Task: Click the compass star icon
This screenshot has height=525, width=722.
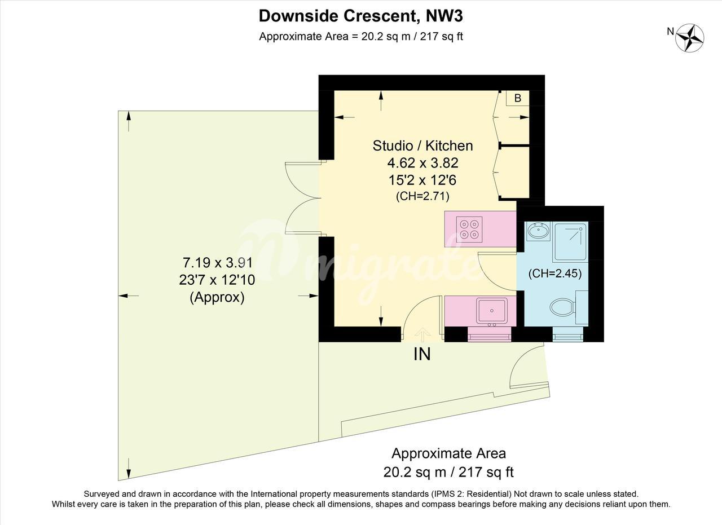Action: click(689, 38)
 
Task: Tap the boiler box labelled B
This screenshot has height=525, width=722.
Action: click(518, 98)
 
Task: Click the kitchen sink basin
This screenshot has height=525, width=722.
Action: click(492, 310)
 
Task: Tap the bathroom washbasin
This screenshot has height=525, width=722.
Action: click(538, 231)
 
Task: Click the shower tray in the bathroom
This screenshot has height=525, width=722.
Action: click(570, 242)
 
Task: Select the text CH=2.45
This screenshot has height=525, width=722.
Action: click(555, 273)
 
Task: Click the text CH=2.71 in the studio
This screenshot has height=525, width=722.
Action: click(422, 196)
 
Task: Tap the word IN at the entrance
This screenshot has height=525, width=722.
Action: click(422, 354)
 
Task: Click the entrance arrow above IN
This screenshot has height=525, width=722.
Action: click(422, 335)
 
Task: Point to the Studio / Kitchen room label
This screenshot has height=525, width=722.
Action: click(423, 145)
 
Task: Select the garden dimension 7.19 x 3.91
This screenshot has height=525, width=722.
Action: click(218, 263)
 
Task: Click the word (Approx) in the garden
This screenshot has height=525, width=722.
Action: click(217, 297)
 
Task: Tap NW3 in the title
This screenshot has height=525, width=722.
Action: click(444, 16)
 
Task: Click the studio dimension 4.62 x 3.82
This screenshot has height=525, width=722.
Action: click(423, 163)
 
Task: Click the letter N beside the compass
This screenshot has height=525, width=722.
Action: click(671, 31)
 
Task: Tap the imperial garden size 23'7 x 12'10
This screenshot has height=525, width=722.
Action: click(217, 280)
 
